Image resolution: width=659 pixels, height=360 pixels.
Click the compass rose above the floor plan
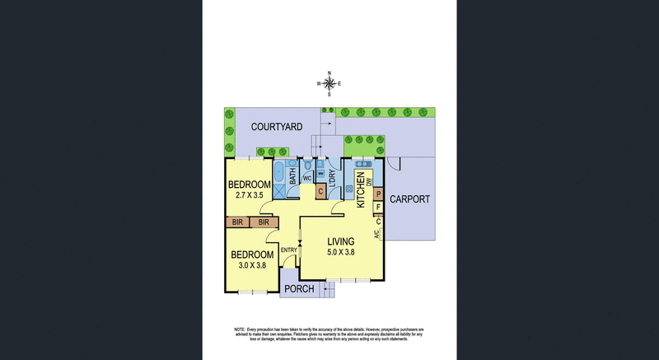click(x=329, y=83)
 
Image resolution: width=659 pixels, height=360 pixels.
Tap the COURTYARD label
click(x=277, y=127)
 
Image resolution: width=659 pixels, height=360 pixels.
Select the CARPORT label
click(x=411, y=200)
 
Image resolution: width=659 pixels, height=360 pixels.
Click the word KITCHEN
click(x=361, y=190)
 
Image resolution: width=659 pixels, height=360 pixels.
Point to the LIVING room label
click(x=341, y=241)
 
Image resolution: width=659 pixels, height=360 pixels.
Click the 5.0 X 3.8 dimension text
click(x=341, y=252)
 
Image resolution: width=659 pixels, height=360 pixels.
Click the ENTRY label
click(x=288, y=250)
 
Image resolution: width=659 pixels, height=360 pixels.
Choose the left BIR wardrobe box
click(x=237, y=222)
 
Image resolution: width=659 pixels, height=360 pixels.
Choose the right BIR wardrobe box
click(x=264, y=222)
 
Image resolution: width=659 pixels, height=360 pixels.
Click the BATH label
click(x=292, y=173)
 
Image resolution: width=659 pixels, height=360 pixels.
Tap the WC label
click(x=306, y=178)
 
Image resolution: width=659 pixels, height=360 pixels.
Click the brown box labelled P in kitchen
click(x=378, y=194)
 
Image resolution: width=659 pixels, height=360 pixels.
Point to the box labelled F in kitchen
click(x=378, y=208)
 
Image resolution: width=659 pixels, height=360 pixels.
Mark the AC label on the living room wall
click(x=377, y=235)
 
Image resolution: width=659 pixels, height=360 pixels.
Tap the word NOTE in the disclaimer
click(x=241, y=330)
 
